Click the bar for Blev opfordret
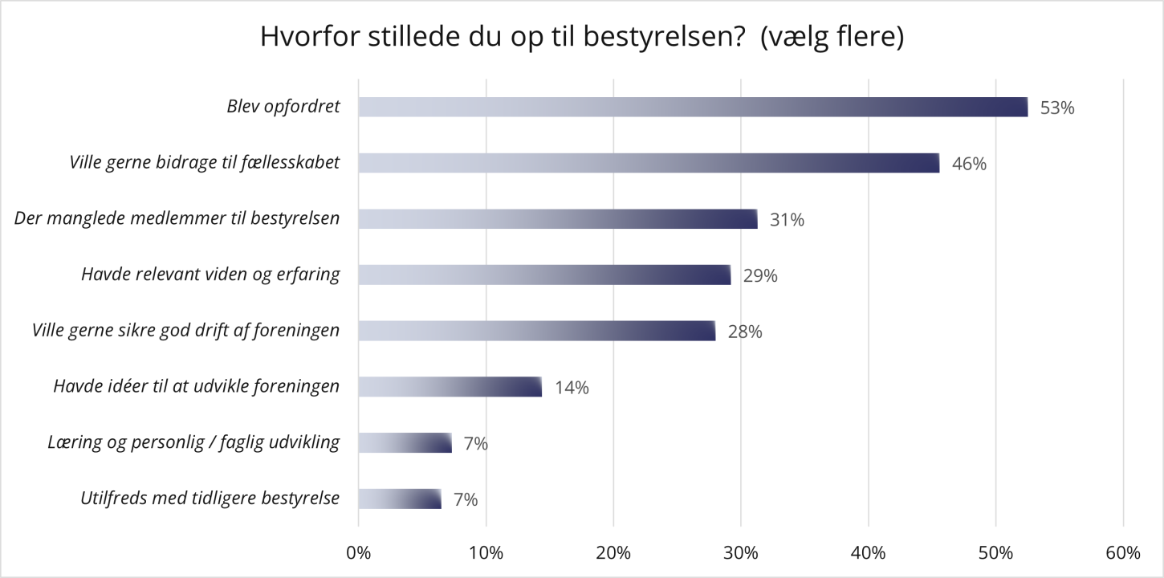click(x=693, y=107)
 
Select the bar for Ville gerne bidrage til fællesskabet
click(x=649, y=163)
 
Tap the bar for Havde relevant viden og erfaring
click(x=544, y=275)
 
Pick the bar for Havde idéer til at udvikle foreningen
click(x=450, y=387)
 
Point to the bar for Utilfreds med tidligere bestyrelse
click(x=400, y=499)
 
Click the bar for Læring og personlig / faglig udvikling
click(x=405, y=443)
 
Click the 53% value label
click(x=1056, y=108)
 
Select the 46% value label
click(x=969, y=164)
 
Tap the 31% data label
click(x=787, y=219)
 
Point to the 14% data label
click(x=572, y=388)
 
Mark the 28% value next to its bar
click(x=744, y=332)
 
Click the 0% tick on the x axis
click(x=358, y=553)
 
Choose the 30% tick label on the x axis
click(x=740, y=553)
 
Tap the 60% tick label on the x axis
click(x=1122, y=553)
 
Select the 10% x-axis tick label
click(x=486, y=553)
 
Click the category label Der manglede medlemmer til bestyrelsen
click(x=177, y=218)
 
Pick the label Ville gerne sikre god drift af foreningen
click(x=185, y=330)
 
